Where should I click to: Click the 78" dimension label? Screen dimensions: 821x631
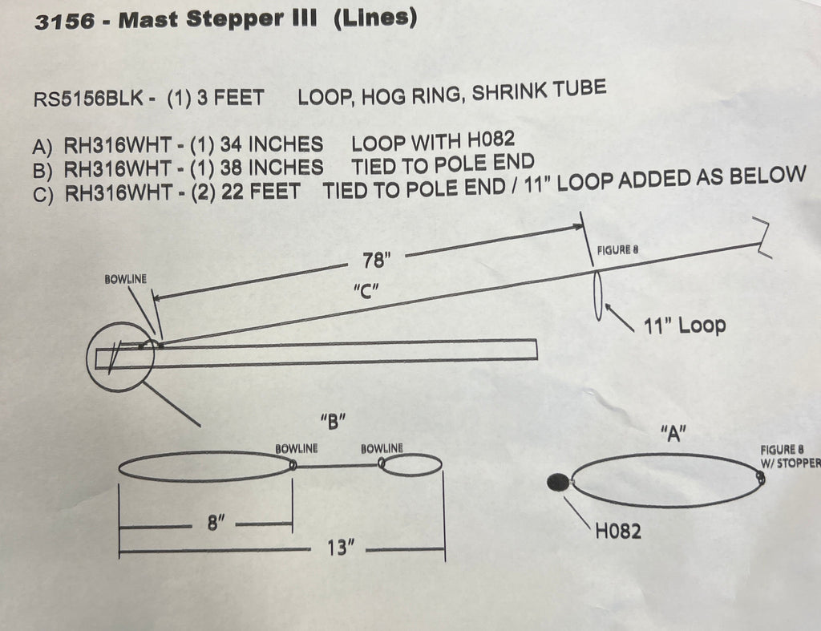(x=377, y=260)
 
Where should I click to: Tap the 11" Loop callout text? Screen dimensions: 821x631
(x=685, y=326)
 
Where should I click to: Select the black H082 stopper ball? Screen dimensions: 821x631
(x=558, y=482)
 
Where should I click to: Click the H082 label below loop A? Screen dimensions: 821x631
(x=618, y=531)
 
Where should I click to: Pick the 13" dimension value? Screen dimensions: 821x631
(x=340, y=548)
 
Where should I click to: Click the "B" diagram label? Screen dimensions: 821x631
(x=333, y=421)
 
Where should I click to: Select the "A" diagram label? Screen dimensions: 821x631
(x=673, y=433)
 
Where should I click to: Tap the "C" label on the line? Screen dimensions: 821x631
(x=366, y=290)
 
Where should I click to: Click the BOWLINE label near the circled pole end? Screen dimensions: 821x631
(x=126, y=279)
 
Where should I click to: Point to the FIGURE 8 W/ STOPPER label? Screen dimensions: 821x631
(x=791, y=457)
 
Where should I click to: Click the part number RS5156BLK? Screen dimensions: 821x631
(x=88, y=99)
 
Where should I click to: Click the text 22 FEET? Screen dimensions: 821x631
(x=261, y=192)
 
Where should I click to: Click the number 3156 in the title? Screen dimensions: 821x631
(x=66, y=22)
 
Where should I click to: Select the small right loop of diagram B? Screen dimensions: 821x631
(x=410, y=464)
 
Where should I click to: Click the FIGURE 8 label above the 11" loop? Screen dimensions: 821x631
(x=618, y=250)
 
